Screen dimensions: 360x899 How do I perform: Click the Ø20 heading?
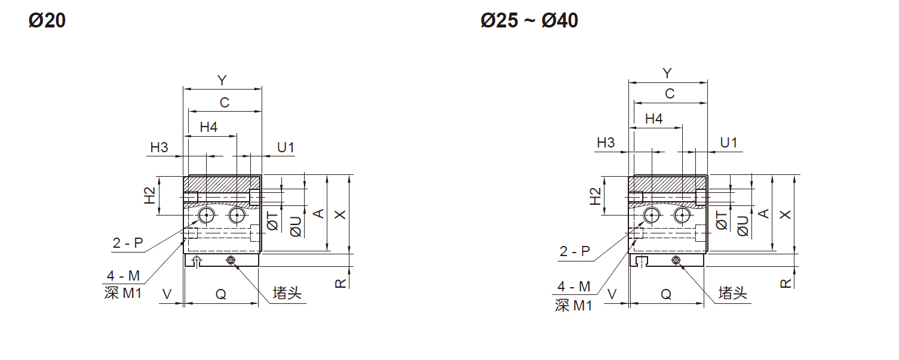point(47,21)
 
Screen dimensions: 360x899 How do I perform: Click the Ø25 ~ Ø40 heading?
point(529,21)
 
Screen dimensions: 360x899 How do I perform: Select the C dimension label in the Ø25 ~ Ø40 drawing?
point(670,94)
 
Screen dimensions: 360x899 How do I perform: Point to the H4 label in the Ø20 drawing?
point(208,127)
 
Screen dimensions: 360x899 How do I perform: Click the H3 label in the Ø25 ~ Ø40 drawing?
point(606,143)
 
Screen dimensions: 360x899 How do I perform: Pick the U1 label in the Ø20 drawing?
point(286,147)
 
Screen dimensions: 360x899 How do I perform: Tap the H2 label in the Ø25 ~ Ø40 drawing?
point(596,196)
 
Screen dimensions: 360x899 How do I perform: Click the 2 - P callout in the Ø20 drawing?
point(128,242)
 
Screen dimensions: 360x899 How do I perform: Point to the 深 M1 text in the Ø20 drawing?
point(123,293)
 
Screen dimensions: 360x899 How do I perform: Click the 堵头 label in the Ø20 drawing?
point(287,293)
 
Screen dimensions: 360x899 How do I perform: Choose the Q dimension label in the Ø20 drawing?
point(220,294)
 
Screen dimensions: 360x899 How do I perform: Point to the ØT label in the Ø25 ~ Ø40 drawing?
point(722,220)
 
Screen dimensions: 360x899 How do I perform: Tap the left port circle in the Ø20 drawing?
point(207,215)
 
